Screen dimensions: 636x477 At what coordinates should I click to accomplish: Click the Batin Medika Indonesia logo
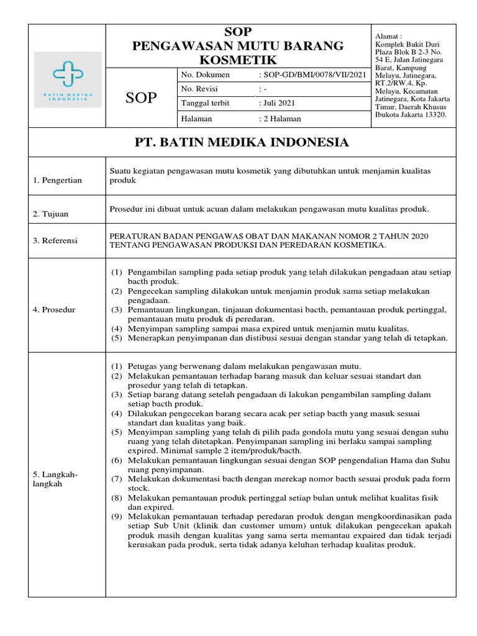tap(68, 79)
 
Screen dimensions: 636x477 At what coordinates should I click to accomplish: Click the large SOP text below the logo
tap(142, 98)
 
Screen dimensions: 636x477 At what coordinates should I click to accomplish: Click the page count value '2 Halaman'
tap(281, 119)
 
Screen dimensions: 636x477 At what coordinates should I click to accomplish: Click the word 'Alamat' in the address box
tap(389, 37)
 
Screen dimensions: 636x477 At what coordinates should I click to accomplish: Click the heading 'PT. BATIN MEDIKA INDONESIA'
tap(242, 143)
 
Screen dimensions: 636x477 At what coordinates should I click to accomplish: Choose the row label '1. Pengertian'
tap(58, 180)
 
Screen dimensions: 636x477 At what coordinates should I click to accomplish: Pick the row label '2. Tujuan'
tap(51, 214)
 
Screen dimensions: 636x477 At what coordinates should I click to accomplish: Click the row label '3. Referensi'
tap(55, 240)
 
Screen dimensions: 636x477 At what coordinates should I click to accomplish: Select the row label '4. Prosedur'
tap(54, 309)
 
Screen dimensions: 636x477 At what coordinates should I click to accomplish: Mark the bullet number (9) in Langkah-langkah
tap(117, 517)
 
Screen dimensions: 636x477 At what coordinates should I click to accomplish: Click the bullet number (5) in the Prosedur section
tap(117, 338)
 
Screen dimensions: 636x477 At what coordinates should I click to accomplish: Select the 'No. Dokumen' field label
tap(205, 75)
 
